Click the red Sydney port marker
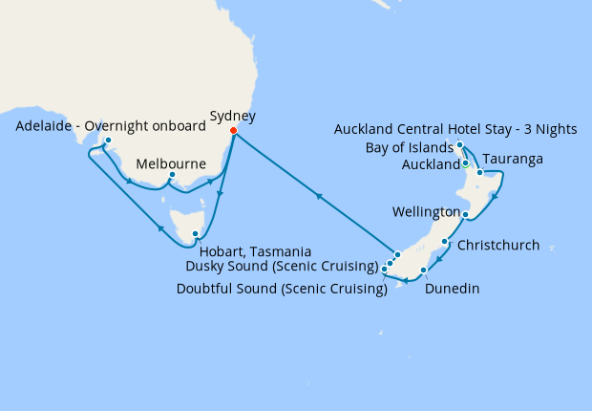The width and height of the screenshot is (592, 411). (234, 132)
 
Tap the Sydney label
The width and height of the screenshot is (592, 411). (234, 117)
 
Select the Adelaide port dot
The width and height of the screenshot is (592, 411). (108, 141)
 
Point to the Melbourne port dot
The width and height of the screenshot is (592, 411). (172, 175)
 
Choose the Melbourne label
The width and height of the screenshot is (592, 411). (172, 163)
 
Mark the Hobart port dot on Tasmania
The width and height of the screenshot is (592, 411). (195, 234)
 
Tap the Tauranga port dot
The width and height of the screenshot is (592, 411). (480, 172)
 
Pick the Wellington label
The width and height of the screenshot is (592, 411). (427, 211)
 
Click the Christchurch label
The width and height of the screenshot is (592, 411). (498, 246)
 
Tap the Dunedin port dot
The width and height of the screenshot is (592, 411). (423, 271)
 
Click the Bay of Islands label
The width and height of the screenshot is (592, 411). (409, 148)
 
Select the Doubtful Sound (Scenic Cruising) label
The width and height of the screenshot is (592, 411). (282, 288)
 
